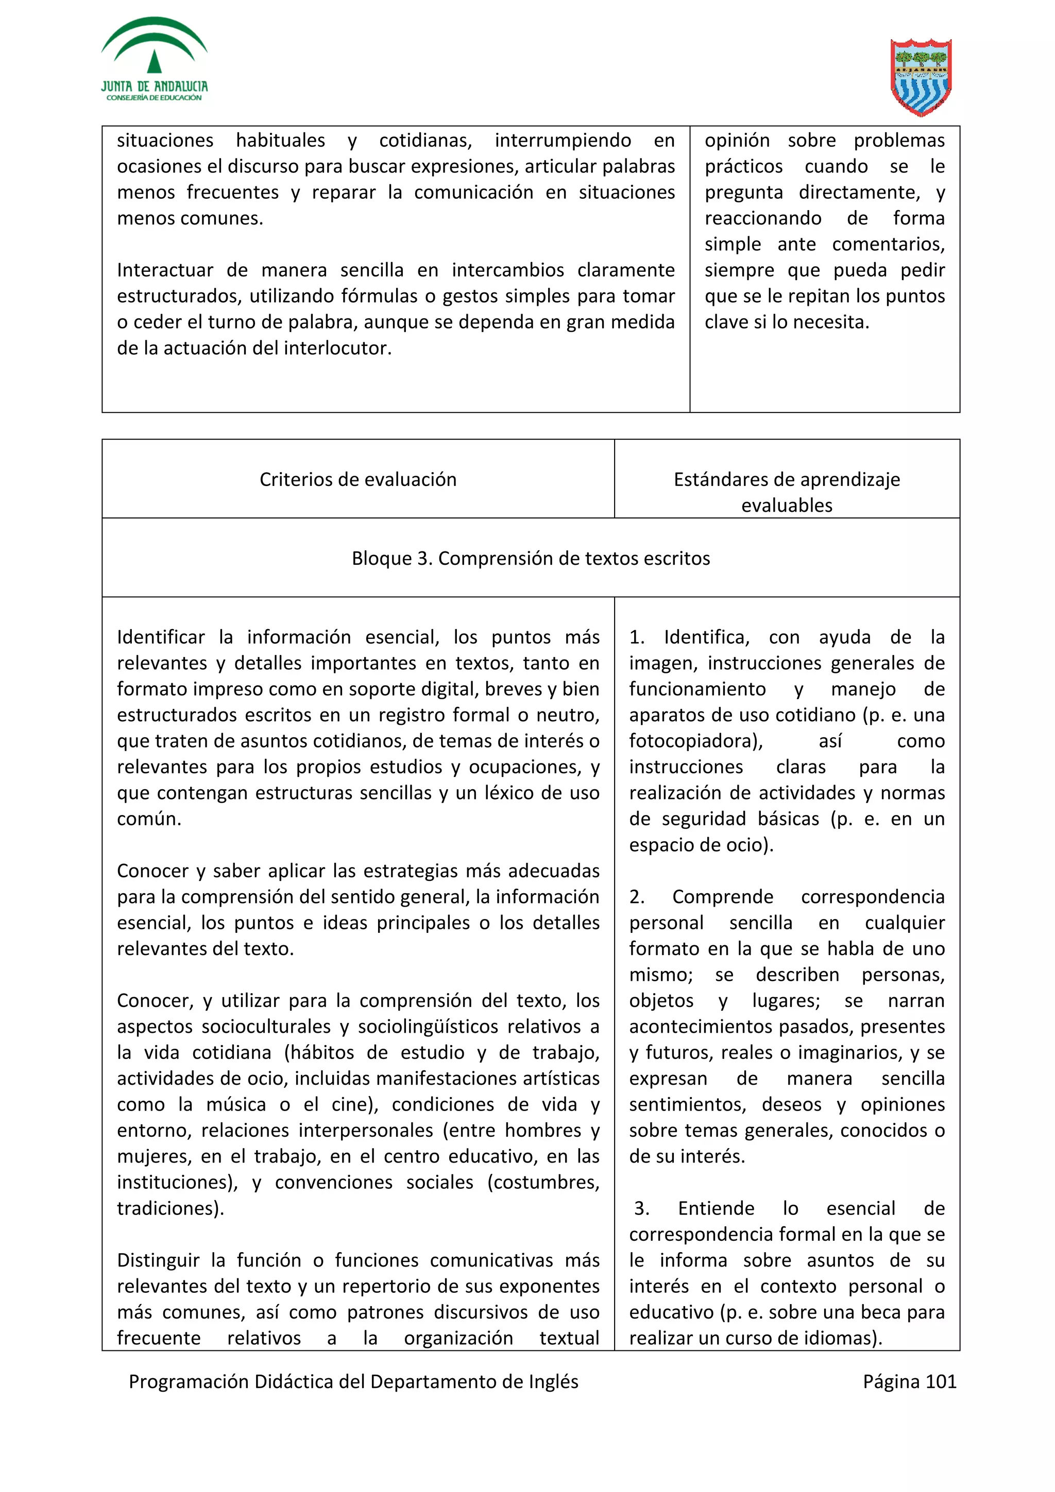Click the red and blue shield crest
point(921,77)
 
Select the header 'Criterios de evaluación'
point(358,480)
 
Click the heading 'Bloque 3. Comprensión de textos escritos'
point(531,558)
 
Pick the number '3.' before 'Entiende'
point(641,1209)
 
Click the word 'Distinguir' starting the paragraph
point(158,1261)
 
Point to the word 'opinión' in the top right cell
point(737,141)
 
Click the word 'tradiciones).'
point(171,1209)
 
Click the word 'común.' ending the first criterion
point(149,819)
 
